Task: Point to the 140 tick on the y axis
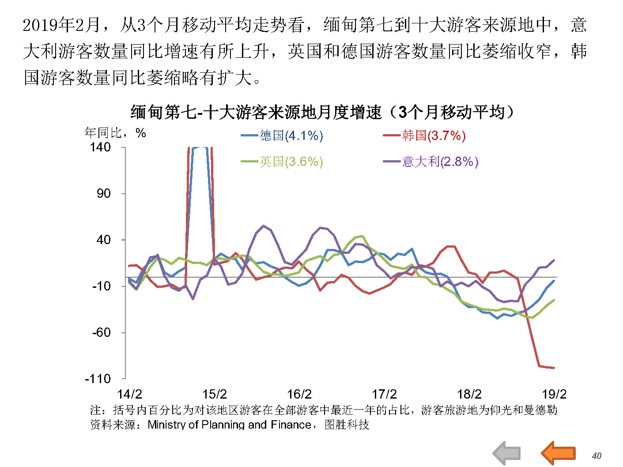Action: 100,147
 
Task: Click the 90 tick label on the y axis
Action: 104,193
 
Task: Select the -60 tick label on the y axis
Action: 101,332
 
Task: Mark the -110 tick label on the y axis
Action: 98,379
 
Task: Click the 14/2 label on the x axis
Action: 129,394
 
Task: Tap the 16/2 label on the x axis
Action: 299,394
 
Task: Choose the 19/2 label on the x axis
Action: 554,394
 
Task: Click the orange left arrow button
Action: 559,453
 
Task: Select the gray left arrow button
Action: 507,453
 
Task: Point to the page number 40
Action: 597,456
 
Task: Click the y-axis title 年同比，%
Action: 115,133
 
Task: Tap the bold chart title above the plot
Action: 323,112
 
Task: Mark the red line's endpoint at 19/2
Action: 554,368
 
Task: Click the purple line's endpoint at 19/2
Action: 554,260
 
